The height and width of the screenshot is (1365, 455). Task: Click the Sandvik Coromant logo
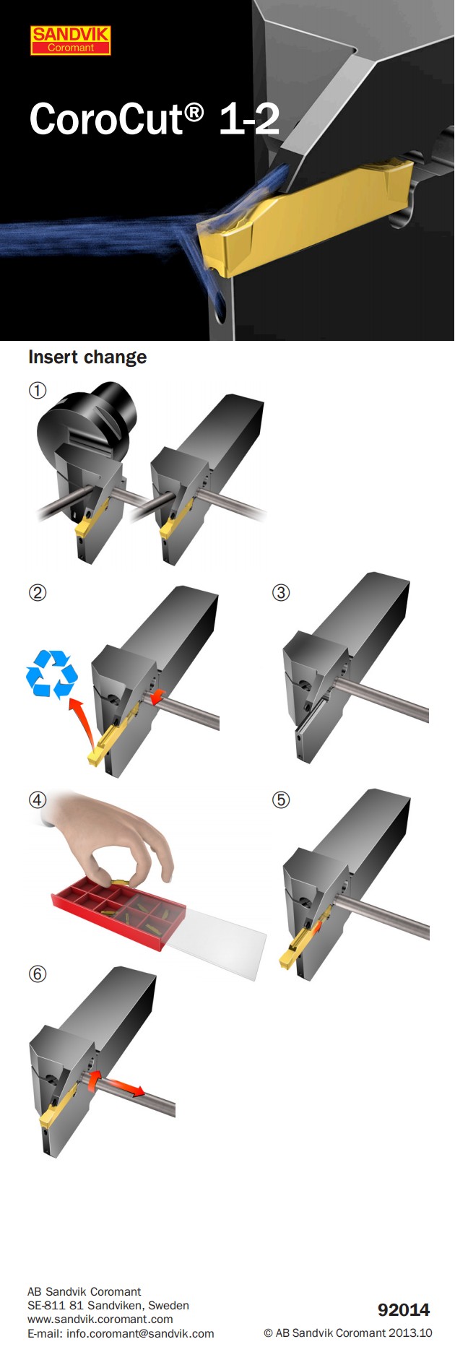(x=71, y=40)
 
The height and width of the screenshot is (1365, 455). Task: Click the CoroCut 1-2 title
(x=154, y=119)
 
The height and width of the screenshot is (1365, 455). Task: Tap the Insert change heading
(x=87, y=357)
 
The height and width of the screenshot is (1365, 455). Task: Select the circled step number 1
(x=38, y=391)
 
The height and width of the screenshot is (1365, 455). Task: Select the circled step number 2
(x=38, y=593)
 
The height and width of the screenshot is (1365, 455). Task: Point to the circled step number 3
(x=281, y=593)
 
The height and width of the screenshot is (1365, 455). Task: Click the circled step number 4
(x=38, y=800)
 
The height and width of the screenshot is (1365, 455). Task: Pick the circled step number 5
(x=281, y=800)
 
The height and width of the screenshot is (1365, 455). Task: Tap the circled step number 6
(x=38, y=974)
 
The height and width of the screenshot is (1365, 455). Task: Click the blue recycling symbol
(x=51, y=675)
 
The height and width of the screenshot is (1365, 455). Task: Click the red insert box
(x=119, y=910)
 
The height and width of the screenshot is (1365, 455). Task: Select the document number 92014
(x=403, y=1309)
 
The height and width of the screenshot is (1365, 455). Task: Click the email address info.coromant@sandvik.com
(x=121, y=1333)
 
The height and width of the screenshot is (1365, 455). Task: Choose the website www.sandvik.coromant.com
(x=100, y=1319)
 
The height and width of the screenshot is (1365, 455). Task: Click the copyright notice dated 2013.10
(x=347, y=1333)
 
